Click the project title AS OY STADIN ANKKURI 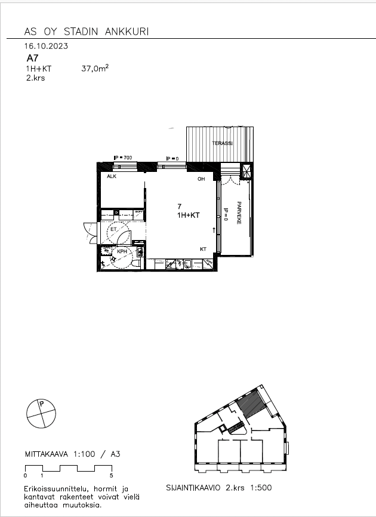[x=87, y=31]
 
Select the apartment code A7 [x=32, y=59]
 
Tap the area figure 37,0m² [x=95, y=69]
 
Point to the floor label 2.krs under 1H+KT [x=35, y=78]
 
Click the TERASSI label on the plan [x=222, y=144]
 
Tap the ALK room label [x=111, y=177]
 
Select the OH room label [x=201, y=179]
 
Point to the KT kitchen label [x=203, y=250]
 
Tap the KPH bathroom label [x=121, y=252]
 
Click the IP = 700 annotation [x=122, y=157]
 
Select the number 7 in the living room [x=179, y=206]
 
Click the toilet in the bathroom [x=136, y=263]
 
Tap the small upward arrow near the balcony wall [x=214, y=229]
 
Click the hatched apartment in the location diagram [x=249, y=404]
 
